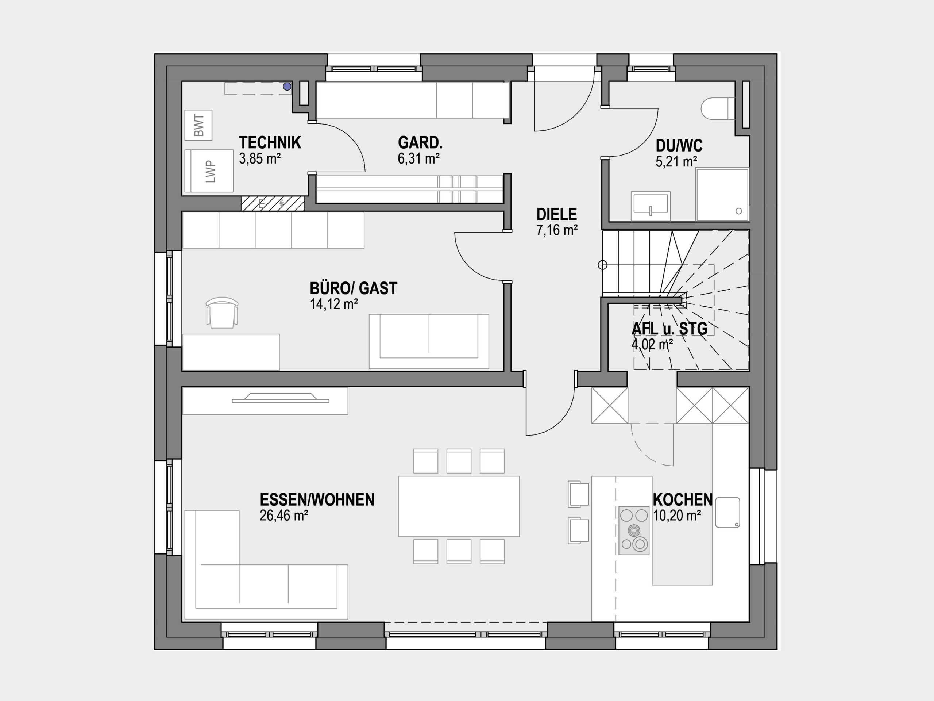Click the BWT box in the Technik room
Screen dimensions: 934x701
click(x=198, y=125)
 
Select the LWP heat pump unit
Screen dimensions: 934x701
click(x=209, y=171)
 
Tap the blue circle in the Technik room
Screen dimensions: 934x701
click(x=287, y=87)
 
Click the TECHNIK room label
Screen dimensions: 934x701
click(x=270, y=143)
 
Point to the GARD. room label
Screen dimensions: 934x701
click(x=420, y=143)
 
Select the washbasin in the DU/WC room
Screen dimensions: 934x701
click(x=651, y=206)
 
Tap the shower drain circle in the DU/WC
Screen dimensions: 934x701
click(x=739, y=211)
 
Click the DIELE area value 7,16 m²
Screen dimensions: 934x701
click(x=557, y=230)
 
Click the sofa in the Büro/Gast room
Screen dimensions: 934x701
click(x=429, y=341)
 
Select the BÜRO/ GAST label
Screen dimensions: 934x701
click(x=354, y=288)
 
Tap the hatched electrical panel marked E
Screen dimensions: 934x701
click(x=273, y=203)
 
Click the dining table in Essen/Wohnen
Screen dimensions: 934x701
click(x=459, y=506)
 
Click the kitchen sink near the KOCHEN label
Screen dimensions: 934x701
click(x=727, y=512)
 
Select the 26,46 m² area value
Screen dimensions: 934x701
click(x=284, y=516)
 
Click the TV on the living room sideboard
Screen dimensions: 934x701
click(x=280, y=398)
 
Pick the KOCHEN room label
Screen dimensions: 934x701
click(x=683, y=500)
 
